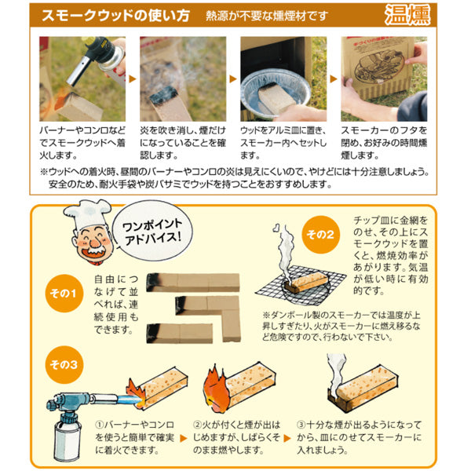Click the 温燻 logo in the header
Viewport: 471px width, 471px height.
[407, 14]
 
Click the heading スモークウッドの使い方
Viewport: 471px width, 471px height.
[115, 16]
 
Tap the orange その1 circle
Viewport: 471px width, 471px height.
[64, 293]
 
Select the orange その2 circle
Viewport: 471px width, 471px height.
[320, 234]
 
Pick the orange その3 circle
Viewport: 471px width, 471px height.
[64, 365]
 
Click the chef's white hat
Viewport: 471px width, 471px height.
[87, 213]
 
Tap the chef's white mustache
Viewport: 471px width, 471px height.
[94, 247]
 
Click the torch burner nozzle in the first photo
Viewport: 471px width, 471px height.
[78, 71]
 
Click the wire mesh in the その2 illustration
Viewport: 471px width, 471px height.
[301, 285]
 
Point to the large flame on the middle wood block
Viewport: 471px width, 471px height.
[216, 389]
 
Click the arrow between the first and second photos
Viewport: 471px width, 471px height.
[133, 79]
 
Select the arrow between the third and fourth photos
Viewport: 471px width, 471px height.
[334, 79]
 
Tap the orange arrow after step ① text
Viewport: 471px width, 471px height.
[183, 438]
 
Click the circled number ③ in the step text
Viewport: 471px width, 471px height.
[301, 425]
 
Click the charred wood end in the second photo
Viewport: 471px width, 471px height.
[164, 94]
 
